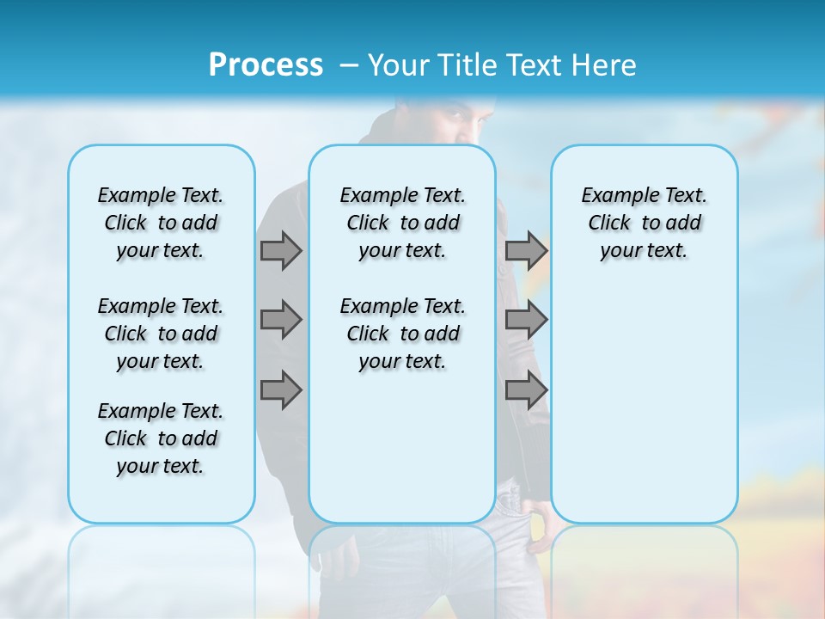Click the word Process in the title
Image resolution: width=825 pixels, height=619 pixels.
pyautogui.click(x=266, y=65)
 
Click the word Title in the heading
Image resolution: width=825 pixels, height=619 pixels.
pyautogui.click(x=467, y=65)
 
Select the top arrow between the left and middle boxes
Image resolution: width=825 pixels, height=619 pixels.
pyautogui.click(x=281, y=250)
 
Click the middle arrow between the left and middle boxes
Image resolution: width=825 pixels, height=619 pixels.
pyautogui.click(x=281, y=320)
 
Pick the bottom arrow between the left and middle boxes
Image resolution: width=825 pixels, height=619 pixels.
pyautogui.click(x=281, y=390)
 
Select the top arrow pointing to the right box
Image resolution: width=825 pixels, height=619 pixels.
pyautogui.click(x=526, y=250)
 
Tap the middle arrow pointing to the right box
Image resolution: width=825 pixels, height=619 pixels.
pyautogui.click(x=526, y=320)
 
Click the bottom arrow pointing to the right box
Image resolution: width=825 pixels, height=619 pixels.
pyautogui.click(x=526, y=390)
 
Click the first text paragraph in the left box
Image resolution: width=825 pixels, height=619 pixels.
pyautogui.click(x=161, y=223)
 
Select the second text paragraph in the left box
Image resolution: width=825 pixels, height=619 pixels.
pyautogui.click(x=161, y=334)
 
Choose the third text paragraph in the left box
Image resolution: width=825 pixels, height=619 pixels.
pyautogui.click(x=161, y=438)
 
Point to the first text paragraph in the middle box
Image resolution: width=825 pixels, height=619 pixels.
pyautogui.click(x=402, y=223)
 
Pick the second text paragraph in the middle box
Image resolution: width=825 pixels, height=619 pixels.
pyautogui.click(x=402, y=334)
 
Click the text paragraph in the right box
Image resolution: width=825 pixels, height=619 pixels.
pyautogui.click(x=645, y=223)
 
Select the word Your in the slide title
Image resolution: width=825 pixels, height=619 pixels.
pyautogui.click(x=399, y=65)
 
